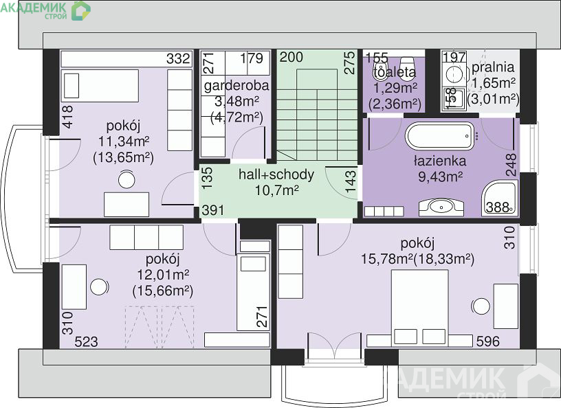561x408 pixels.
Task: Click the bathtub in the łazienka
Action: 440,136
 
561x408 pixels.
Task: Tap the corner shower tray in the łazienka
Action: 500,198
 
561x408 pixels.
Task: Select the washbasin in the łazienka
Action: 441,207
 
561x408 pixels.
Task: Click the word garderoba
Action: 236,86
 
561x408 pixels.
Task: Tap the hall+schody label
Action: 276,174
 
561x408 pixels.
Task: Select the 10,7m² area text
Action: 276,190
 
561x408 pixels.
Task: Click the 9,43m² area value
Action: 441,177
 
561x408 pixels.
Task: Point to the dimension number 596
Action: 488,341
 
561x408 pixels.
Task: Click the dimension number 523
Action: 86,342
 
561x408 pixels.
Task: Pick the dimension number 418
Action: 67,117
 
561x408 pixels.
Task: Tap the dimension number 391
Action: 213,210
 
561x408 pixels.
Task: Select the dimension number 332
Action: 178,58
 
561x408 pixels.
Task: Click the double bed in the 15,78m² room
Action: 419,308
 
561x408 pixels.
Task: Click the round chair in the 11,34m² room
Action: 126,179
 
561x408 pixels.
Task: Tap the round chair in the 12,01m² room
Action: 99,287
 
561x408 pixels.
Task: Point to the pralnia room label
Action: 493,67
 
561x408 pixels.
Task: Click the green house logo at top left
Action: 81,10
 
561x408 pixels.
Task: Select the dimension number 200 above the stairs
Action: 291,57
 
